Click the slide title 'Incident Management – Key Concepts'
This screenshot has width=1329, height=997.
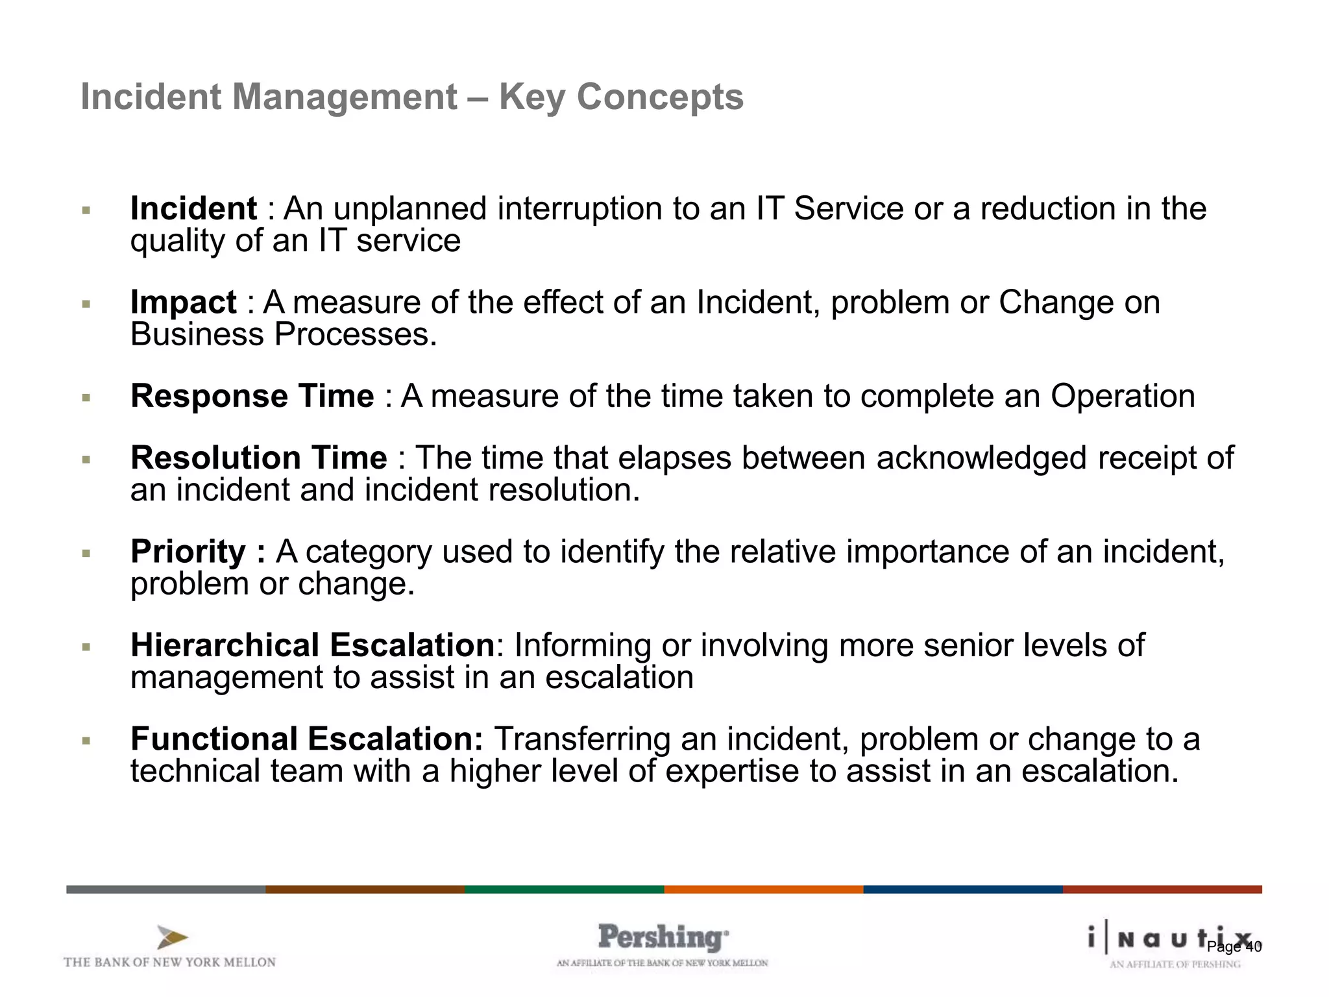click(x=411, y=97)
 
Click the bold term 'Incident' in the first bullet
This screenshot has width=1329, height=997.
click(x=193, y=209)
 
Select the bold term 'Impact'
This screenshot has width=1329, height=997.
click(x=183, y=302)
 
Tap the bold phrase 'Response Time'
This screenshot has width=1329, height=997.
click(x=252, y=396)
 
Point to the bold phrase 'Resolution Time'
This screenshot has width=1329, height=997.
click(x=258, y=458)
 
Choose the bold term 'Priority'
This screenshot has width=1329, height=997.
click(x=188, y=552)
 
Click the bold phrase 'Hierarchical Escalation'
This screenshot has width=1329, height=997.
click(x=313, y=645)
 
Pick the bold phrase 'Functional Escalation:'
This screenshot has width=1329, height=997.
click(x=306, y=739)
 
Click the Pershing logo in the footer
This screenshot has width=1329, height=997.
click(x=663, y=938)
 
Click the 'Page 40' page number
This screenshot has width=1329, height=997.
click(x=1234, y=947)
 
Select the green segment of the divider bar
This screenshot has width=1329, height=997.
click(x=564, y=889)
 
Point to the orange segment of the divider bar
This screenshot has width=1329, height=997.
click(x=763, y=889)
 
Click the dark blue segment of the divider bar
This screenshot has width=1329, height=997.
click(x=962, y=889)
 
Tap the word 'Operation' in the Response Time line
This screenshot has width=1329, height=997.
click(x=1123, y=396)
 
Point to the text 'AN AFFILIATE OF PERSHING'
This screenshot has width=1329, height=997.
click(x=1175, y=965)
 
